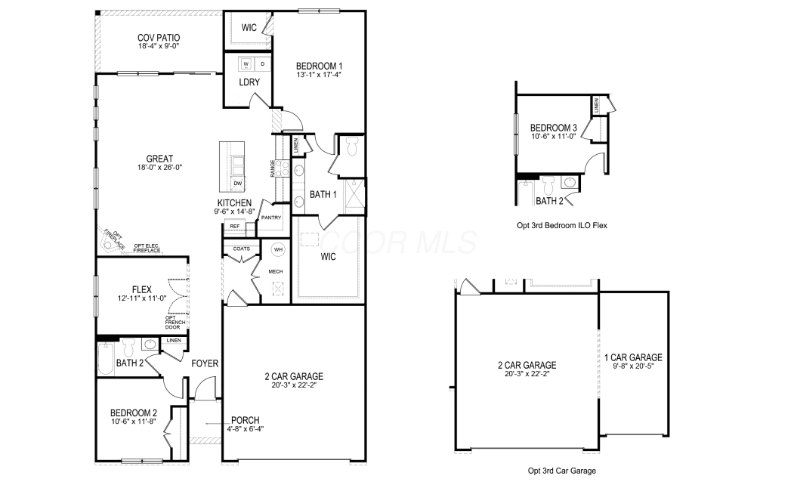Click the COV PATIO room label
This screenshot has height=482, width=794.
pos(159,38)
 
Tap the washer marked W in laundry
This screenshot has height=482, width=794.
pos(246,63)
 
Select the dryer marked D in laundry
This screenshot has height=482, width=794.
pos(262,63)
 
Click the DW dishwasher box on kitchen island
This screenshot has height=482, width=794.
pos(237,184)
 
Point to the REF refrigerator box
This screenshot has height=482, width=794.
pos(234,227)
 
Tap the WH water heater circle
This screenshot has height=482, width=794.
pos(278,249)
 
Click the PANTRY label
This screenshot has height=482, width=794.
pos(271,218)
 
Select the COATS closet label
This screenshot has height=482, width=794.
pos(242,249)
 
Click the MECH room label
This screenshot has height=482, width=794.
pos(276,271)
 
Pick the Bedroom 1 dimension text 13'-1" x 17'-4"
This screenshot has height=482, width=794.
pos(319,75)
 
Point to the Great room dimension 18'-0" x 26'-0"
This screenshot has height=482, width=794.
pos(159,167)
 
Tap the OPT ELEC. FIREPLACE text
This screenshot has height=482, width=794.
pos(147,248)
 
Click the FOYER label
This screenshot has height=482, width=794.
pos(205,363)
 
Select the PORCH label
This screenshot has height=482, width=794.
pos(245,420)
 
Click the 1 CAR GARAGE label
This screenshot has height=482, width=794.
pos(633,357)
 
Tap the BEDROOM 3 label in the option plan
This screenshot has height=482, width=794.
pos(554,128)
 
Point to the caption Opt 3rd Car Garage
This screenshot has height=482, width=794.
pos(562,471)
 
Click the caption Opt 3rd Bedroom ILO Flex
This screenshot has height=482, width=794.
pos(562,225)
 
